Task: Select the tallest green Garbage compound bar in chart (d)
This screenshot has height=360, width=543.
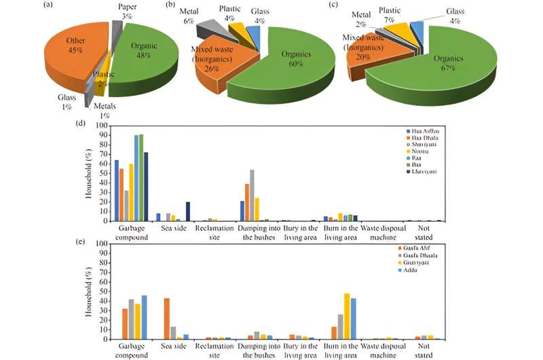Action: point(141,177)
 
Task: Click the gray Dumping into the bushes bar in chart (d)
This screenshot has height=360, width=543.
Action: point(252,195)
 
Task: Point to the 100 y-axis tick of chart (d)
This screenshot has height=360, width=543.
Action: point(102,126)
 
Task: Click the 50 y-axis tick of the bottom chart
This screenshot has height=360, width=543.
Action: point(104,291)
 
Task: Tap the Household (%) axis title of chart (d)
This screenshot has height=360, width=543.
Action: point(88,173)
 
